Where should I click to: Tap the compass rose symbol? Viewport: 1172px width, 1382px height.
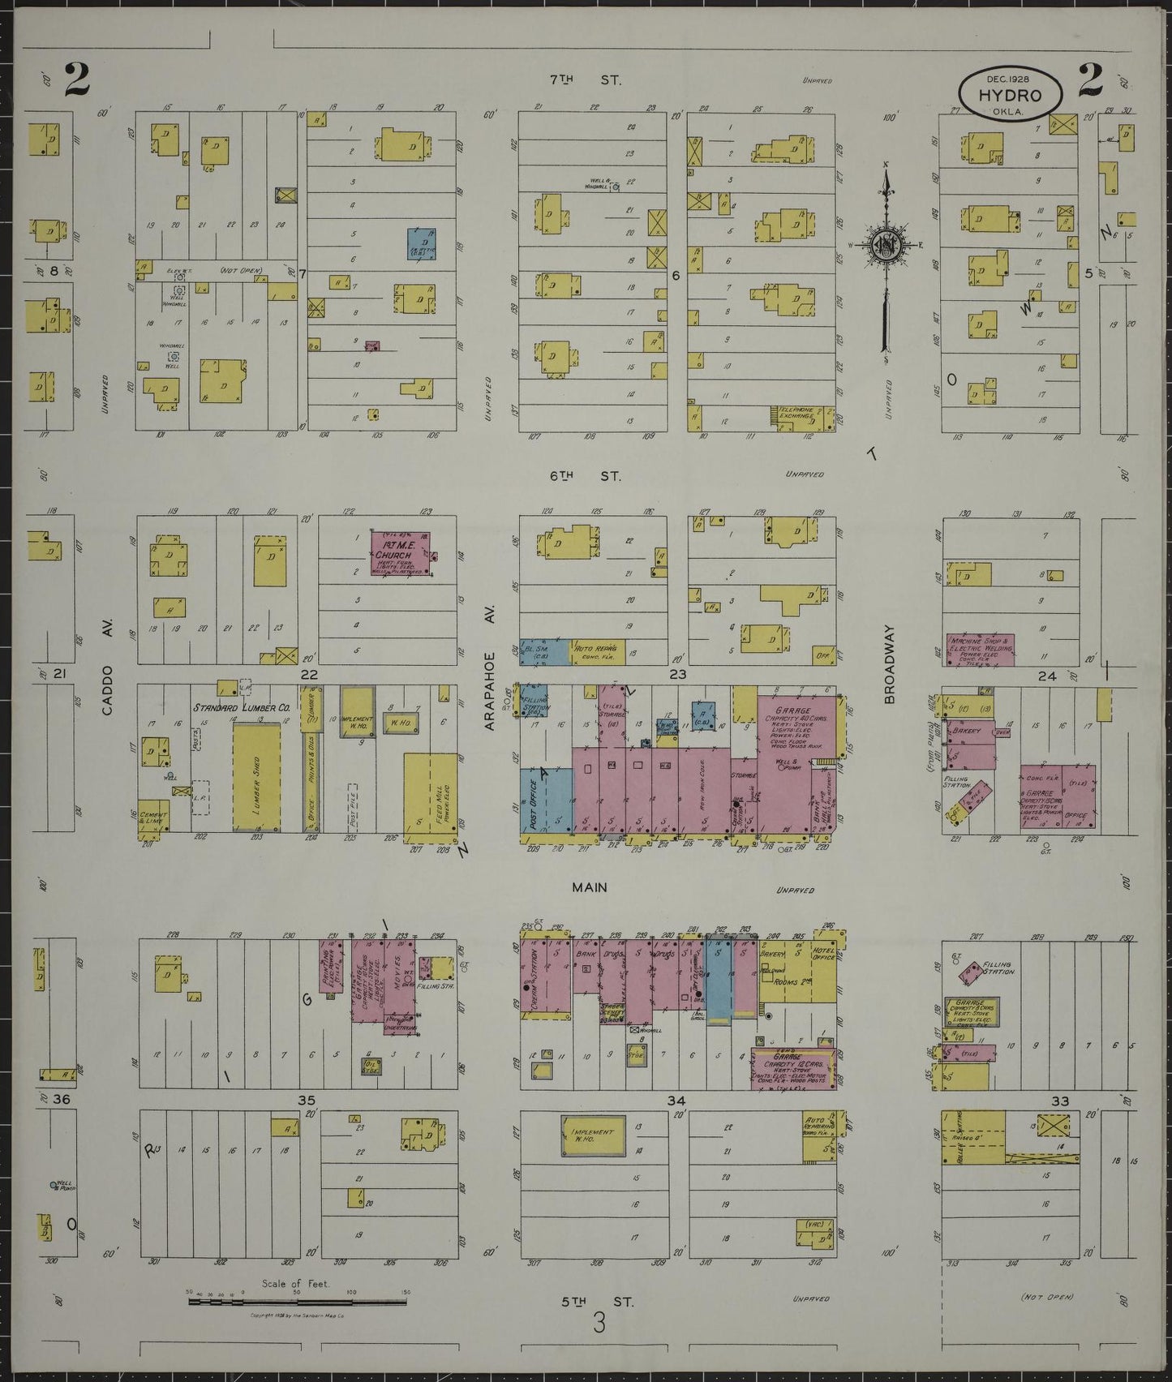885,246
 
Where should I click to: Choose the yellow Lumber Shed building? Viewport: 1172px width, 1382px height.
256,777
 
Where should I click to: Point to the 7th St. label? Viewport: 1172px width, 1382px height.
585,80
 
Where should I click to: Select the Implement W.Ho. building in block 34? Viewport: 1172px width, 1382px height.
593,1135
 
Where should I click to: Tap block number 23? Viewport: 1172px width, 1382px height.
677,674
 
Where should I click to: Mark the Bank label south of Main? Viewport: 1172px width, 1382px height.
585,955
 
